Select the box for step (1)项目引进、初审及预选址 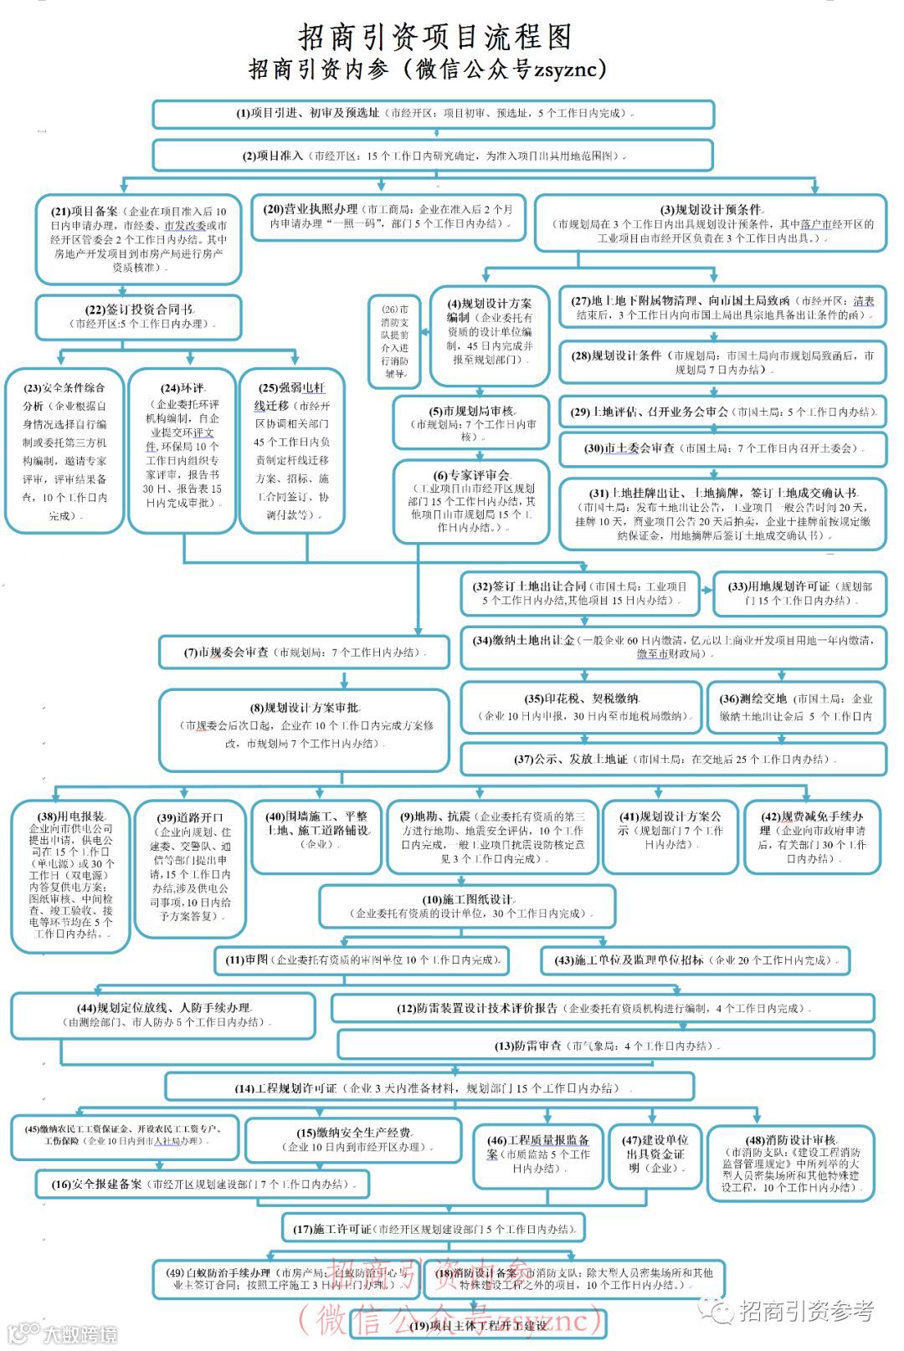pos(433,114)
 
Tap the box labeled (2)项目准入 pos(433,156)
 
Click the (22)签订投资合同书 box pos(138,316)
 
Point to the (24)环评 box pos(182,450)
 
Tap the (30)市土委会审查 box pos(722,448)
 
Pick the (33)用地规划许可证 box pos(799,593)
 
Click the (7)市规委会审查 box pos(304,652)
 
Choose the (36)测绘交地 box pos(801,707)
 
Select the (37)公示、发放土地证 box pos(673,759)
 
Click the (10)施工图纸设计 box pos(467,907)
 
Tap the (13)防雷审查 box pos(606,1045)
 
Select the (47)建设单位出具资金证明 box pos(655,1155)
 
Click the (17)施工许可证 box pos(434,1229)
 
